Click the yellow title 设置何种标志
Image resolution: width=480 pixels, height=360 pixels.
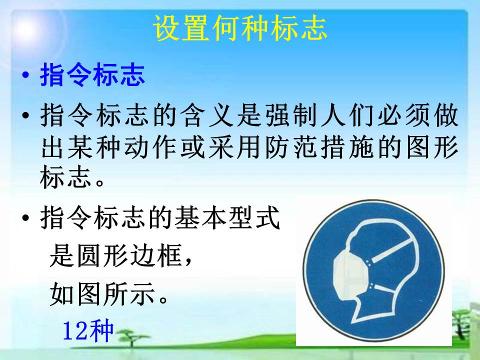point(240,28)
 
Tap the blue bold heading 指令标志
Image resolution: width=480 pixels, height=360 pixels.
point(92,75)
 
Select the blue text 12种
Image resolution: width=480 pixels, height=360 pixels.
point(88,331)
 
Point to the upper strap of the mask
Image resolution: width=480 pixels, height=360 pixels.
point(390,249)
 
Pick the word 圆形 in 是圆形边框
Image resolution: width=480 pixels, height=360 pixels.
point(102,256)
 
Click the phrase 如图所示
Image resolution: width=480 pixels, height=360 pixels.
point(102,294)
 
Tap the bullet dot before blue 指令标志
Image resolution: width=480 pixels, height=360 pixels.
point(26,75)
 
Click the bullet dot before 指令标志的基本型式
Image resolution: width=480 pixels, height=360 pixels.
point(26,218)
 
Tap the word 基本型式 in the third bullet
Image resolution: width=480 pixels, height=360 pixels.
point(227,217)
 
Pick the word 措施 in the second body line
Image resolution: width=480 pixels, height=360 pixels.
point(349,147)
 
